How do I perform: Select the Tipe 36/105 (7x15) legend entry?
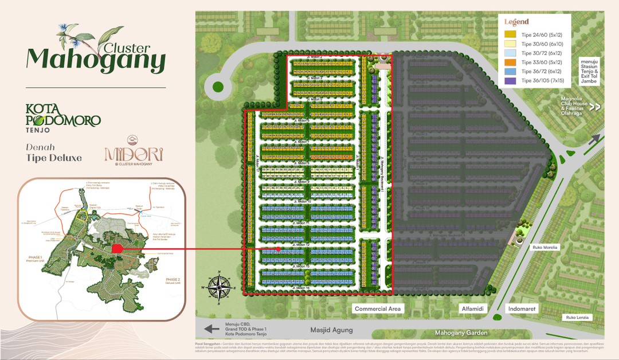coord(541,81)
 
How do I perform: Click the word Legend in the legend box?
coord(516,22)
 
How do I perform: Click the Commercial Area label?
coord(378,308)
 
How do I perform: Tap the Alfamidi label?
coord(473,308)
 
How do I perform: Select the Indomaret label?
coord(522,308)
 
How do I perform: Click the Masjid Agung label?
coord(331,330)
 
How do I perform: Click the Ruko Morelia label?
coord(544,248)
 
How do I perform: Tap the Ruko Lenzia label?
coord(577,317)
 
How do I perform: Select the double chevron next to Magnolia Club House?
coord(595,106)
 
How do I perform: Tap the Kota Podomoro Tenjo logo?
coord(63,116)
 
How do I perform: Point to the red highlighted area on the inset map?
coord(117,249)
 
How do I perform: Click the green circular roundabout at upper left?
coord(218,87)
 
